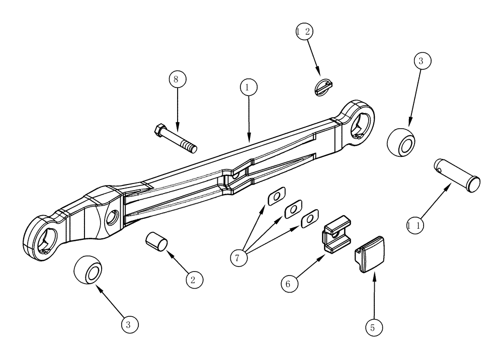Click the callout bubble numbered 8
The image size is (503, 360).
pos(177,79)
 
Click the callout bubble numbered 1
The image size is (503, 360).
pos(246,87)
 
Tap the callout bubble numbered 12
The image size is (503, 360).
pos(304,31)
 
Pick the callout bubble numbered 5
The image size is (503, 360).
pos(373,328)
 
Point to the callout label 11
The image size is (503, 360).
pos(415,226)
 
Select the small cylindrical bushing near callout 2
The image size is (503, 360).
pos(155,240)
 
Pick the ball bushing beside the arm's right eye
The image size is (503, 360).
pos(402,141)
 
